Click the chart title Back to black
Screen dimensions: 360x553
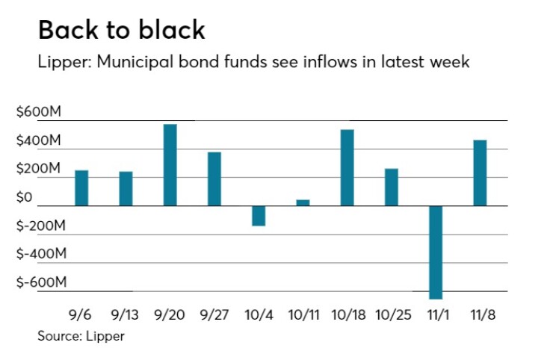pyautogui.click(x=121, y=30)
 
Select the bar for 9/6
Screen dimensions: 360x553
pyautogui.click(x=81, y=188)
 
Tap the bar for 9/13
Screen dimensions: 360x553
pyautogui.click(x=126, y=189)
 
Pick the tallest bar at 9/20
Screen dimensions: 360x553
pyautogui.click(x=170, y=165)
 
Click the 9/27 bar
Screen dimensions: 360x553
pyautogui.click(x=214, y=179)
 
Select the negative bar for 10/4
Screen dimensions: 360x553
pyautogui.click(x=259, y=216)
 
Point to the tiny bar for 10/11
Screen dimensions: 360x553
pyautogui.click(x=303, y=202)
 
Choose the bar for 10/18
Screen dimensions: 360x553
pyautogui.click(x=347, y=168)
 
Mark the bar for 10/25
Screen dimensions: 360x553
pyautogui.click(x=391, y=187)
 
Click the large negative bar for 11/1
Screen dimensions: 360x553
pyautogui.click(x=435, y=252)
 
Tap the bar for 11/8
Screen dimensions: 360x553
pyautogui.click(x=479, y=173)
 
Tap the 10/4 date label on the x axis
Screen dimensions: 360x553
pyautogui.click(x=258, y=314)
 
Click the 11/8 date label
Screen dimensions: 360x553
pyautogui.click(x=479, y=314)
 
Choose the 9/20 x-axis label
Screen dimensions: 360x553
pyautogui.click(x=170, y=314)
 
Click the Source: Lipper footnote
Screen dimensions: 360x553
pyautogui.click(x=81, y=336)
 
